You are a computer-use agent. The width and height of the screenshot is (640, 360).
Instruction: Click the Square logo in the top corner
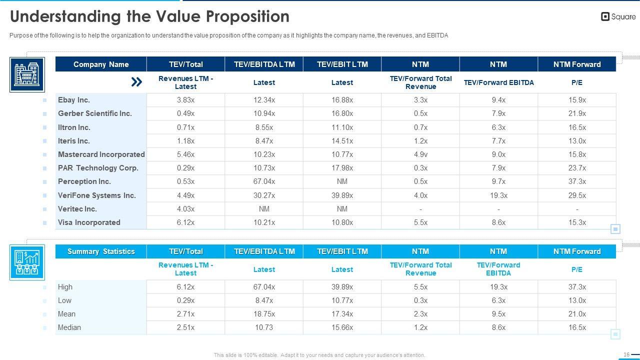(618, 16)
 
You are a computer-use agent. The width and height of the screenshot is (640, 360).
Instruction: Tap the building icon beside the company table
(27, 74)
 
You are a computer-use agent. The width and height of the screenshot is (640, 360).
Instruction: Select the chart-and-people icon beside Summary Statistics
(27, 261)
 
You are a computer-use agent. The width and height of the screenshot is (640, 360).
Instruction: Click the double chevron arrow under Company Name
(136, 82)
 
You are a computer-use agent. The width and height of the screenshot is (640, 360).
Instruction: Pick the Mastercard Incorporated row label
(101, 154)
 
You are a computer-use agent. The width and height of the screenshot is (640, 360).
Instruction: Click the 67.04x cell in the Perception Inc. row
(264, 181)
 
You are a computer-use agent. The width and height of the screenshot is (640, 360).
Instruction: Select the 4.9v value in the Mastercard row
(420, 154)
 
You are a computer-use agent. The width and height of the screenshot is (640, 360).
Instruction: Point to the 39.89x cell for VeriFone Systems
(342, 195)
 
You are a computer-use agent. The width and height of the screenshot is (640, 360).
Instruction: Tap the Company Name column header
(101, 64)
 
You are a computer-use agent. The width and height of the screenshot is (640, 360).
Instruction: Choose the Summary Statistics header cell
(101, 251)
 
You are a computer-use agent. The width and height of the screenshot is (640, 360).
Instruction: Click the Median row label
(69, 327)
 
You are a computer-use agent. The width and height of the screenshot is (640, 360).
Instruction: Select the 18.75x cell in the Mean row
(264, 314)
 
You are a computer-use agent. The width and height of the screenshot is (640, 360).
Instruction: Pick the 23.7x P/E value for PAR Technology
(577, 168)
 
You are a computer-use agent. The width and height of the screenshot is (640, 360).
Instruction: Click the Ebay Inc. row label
(74, 100)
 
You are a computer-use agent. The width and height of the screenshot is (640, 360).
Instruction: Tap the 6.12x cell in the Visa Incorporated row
(185, 222)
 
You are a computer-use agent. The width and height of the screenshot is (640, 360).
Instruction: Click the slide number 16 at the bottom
(626, 354)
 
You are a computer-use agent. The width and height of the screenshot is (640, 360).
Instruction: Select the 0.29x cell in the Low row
(185, 300)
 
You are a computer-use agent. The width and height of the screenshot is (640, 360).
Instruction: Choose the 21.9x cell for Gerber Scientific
(577, 113)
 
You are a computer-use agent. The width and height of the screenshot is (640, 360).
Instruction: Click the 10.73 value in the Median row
(264, 327)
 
